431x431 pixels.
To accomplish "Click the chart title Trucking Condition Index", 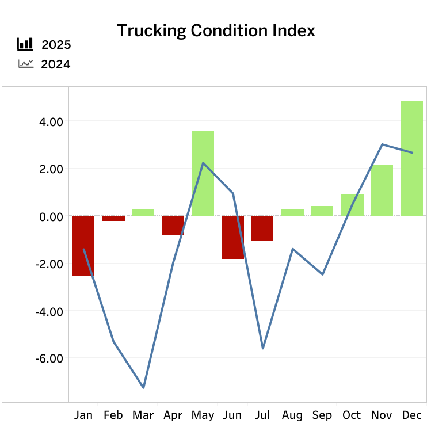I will [x=216, y=30].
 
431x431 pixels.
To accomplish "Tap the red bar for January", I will [x=83, y=246].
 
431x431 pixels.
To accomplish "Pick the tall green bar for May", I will [x=203, y=173].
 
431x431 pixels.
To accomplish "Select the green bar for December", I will [x=412, y=158].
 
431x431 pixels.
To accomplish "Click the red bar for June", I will [x=232, y=237].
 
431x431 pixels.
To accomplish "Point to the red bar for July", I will [x=262, y=228].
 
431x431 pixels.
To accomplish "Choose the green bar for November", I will [x=382, y=190].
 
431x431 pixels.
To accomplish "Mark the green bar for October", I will [x=352, y=205].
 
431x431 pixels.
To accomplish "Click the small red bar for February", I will [x=113, y=218].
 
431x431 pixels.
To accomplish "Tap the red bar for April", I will [x=173, y=225].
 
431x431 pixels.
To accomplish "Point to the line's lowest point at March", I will [x=143, y=388].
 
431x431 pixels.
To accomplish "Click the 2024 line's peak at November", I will [x=382, y=144].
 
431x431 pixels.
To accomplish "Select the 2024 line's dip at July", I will [x=262, y=348].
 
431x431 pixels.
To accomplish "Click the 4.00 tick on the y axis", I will [x=51, y=121].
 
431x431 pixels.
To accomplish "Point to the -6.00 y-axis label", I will [x=49, y=358].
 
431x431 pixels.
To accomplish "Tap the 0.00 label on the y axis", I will [x=51, y=216].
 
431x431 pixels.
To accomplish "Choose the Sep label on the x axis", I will [x=322, y=415].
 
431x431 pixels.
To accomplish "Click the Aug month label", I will [x=292, y=415].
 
